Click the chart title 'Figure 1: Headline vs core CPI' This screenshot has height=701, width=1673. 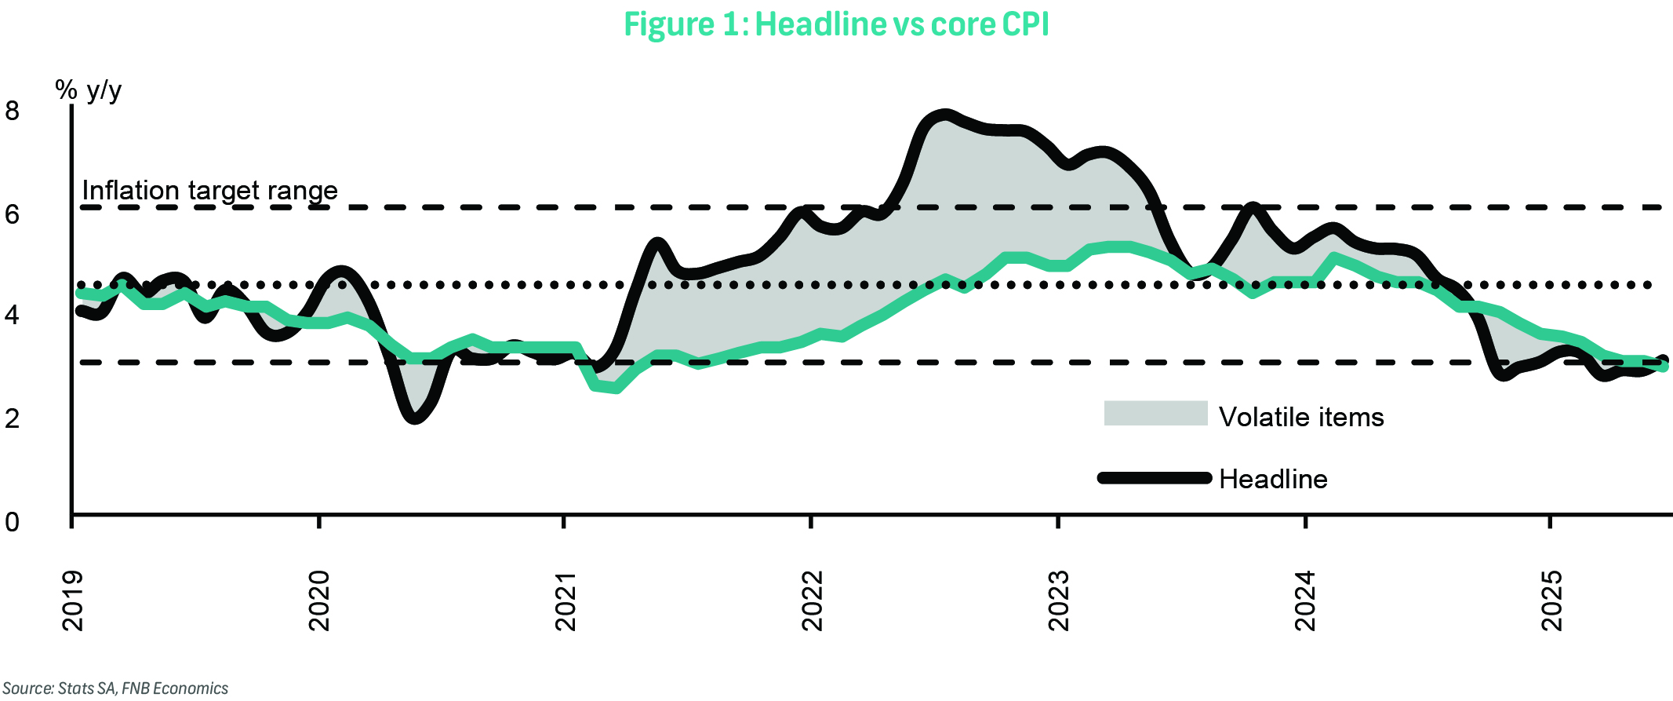pos(836,24)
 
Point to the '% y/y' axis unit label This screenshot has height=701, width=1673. pos(89,90)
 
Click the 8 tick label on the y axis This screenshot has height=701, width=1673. pos(12,111)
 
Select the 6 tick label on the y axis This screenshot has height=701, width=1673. pos(12,214)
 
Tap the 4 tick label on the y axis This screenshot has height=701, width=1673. pos(12,316)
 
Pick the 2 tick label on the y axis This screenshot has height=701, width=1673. pos(12,418)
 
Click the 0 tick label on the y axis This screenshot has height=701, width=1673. pos(12,521)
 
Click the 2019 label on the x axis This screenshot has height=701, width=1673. pos(73,601)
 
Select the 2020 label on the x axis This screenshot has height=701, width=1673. pos(319,601)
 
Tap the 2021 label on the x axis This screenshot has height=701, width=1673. pos(566,601)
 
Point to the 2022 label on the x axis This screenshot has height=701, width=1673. pos(813,601)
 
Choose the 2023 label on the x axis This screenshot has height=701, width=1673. pos(1059,601)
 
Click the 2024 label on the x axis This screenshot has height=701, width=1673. pos(1305,601)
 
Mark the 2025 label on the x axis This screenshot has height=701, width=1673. pos(1551,601)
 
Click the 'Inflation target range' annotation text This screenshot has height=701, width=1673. pos(209,190)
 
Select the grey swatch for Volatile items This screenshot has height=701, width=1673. pos(1155,413)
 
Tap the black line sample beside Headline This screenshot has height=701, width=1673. pos(1155,478)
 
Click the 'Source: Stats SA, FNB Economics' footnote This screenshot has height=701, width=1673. pos(115,688)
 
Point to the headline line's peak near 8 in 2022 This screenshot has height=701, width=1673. pos(944,116)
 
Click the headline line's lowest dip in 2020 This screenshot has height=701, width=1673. pos(415,417)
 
